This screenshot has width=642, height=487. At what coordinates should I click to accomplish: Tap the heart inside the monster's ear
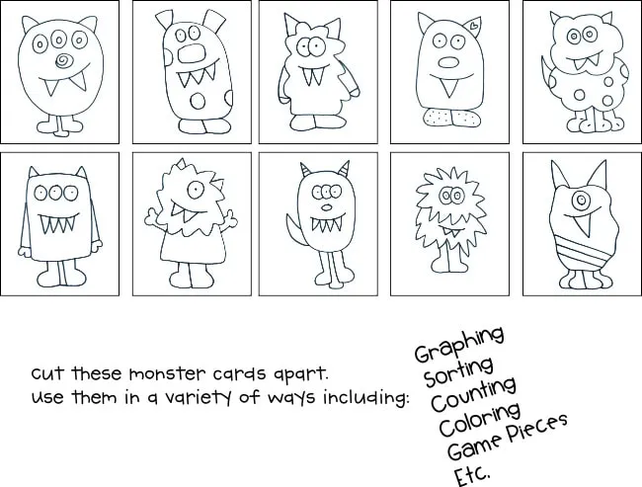click(475, 24)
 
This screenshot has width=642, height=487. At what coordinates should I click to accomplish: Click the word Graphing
click(459, 345)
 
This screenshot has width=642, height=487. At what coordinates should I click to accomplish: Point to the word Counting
click(471, 393)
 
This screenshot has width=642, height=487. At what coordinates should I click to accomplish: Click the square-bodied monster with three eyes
click(56, 222)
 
